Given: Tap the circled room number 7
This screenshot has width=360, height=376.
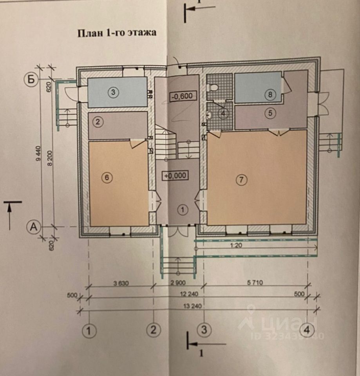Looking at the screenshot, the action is (241, 180).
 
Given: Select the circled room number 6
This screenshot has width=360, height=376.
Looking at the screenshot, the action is (106, 177).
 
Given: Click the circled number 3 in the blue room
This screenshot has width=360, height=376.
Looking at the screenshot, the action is (113, 92).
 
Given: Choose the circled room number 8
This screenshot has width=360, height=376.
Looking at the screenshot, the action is (270, 94).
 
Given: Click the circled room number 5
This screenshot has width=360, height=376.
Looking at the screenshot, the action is (270, 113).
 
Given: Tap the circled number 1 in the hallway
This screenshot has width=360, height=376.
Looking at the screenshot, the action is (183, 210).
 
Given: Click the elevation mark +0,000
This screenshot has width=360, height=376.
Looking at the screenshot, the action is (175, 176).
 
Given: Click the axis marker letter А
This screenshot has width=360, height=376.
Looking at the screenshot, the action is (34, 226).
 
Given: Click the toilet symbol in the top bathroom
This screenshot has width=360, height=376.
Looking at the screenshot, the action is (212, 86).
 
